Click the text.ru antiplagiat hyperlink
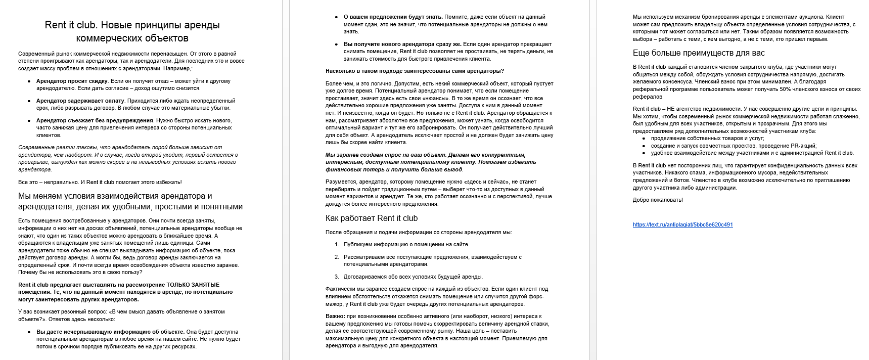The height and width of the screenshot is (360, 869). click(x=682, y=224)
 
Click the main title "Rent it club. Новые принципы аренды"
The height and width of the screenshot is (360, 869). click(x=132, y=25)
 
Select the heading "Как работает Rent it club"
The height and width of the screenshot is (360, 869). click(x=372, y=218)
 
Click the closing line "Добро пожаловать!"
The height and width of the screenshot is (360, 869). click(x=658, y=200)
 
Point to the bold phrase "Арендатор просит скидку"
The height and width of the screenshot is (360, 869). click(x=72, y=81)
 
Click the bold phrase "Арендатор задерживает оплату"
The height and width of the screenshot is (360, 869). click(x=80, y=101)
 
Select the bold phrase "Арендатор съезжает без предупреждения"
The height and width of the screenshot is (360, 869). click(x=95, y=120)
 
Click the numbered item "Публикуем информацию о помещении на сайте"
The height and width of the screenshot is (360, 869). click(x=406, y=244)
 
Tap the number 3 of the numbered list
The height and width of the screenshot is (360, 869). click(x=337, y=277)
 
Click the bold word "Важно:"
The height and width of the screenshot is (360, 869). click(x=335, y=317)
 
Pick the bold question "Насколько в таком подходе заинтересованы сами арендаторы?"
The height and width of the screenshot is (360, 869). click(x=415, y=71)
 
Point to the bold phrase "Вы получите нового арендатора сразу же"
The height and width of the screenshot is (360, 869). click(x=402, y=44)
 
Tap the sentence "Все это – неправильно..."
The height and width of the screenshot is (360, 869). click(x=100, y=182)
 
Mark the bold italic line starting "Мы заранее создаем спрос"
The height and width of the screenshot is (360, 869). click(x=426, y=155)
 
